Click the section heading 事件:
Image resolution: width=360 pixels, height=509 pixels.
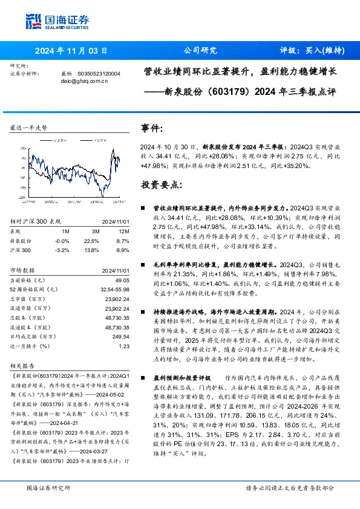152,129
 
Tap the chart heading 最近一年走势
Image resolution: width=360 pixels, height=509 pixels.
28,129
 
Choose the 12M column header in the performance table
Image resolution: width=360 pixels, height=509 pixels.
124,231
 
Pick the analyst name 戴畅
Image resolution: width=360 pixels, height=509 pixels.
67,74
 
